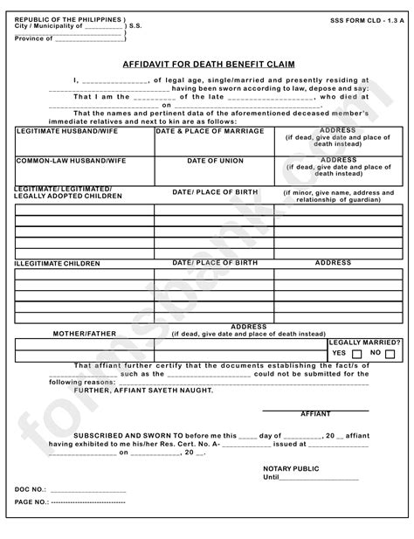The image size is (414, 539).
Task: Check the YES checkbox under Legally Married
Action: (x=356, y=354)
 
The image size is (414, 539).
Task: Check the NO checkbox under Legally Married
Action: (x=390, y=354)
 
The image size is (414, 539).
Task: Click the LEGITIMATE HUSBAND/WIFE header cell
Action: (x=55, y=131)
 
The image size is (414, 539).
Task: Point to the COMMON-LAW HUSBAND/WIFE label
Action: (x=60, y=162)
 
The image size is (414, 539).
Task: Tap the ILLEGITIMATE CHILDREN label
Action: (x=58, y=263)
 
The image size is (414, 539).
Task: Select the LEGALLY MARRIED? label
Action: (x=364, y=342)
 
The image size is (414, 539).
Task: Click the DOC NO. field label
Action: (x=32, y=490)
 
